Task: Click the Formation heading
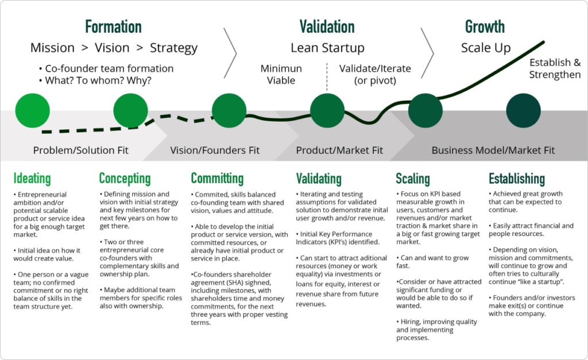coord(113,26)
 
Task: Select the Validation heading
coord(327,26)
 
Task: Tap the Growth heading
coord(485,26)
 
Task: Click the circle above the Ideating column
coord(33,110)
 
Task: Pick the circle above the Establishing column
coord(523,110)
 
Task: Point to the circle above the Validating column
coord(327,110)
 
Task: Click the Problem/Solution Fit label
coord(81,150)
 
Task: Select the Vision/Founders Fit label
coord(215,150)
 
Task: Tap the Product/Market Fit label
coord(339,150)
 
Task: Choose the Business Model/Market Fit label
coord(493,150)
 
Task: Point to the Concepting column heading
coord(125,179)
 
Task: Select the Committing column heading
coord(217,179)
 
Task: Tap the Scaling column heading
coord(413,179)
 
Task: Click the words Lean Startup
coord(327,48)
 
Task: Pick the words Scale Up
coord(486,48)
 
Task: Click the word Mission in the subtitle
coord(52,48)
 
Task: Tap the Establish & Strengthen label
coord(555,68)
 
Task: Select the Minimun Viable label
coord(281,74)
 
